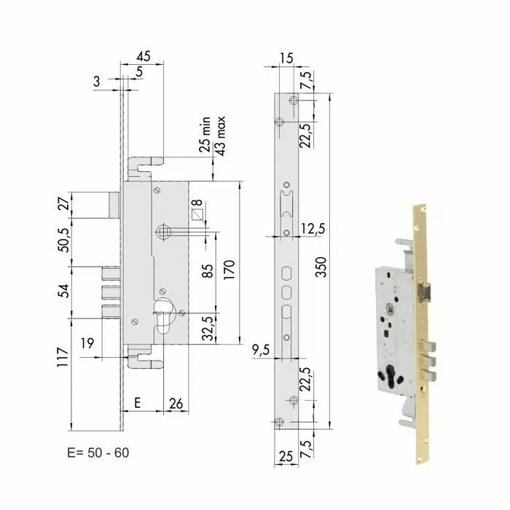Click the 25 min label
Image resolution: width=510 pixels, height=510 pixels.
tap(206, 135)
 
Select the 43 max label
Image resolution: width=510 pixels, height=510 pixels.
tap(221, 135)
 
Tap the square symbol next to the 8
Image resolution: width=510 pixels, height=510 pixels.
tap(196, 215)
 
